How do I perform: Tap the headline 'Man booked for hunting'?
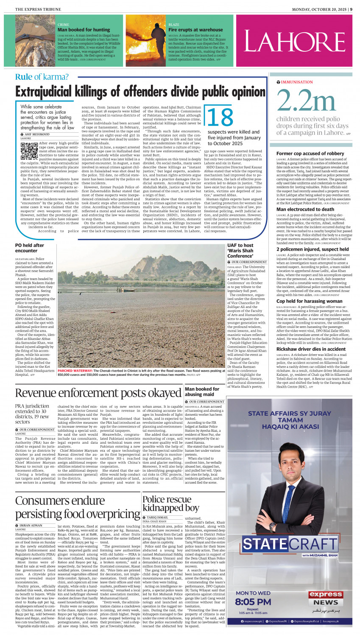[84, 30]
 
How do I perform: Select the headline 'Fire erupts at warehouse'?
[195, 30]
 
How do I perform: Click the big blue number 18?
[220, 117]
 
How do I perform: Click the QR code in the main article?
[29, 150]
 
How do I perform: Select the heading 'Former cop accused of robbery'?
[310, 154]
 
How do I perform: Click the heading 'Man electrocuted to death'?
[305, 209]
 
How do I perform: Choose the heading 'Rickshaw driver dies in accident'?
[311, 349]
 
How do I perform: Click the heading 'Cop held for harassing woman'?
[309, 301]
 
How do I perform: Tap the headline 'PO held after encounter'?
[30, 248]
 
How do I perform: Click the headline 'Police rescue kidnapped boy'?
[170, 504]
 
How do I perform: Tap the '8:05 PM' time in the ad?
[253, 601]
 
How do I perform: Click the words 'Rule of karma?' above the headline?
[42, 77]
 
